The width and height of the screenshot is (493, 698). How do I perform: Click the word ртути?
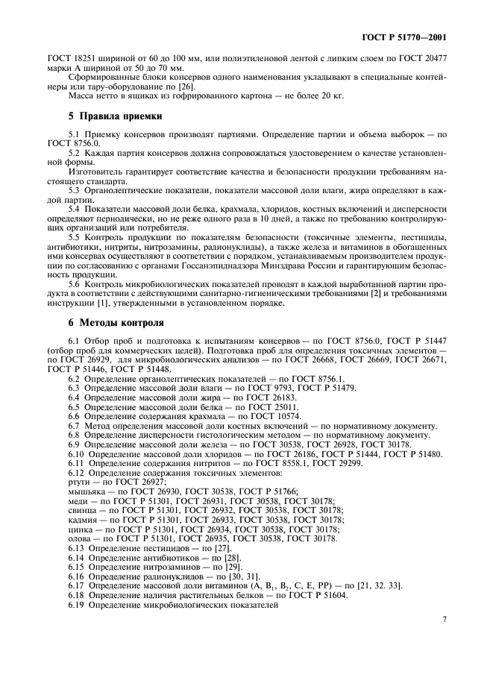tap(58, 483)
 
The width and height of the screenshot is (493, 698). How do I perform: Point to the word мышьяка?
tap(67, 493)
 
